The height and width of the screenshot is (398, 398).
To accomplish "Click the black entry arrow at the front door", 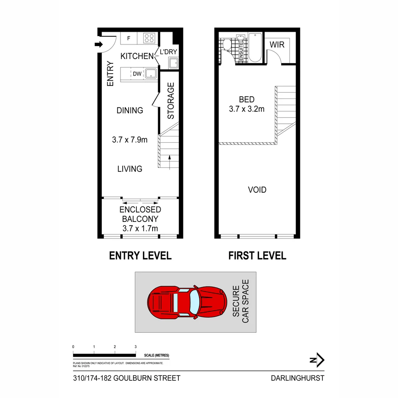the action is click(x=99, y=45).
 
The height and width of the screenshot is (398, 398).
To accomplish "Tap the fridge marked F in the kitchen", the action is click(x=129, y=38).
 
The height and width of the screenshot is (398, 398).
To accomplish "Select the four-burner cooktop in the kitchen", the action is click(x=149, y=38).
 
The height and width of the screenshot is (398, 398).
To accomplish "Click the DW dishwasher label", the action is click(x=137, y=74).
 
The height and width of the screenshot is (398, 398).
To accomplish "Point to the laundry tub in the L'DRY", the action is click(x=174, y=63).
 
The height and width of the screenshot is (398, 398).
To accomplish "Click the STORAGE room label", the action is click(x=171, y=101).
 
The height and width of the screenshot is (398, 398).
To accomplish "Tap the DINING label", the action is click(x=130, y=111).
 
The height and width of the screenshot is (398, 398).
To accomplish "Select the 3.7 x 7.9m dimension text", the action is click(x=130, y=140).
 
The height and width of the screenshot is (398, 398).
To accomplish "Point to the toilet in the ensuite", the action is click(x=227, y=45).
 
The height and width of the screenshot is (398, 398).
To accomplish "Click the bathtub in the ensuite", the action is click(x=255, y=48).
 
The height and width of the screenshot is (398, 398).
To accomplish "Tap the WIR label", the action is click(x=277, y=45).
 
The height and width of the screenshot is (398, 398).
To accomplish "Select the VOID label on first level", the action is click(x=257, y=190).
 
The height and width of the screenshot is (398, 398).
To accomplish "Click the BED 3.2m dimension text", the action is click(x=247, y=109).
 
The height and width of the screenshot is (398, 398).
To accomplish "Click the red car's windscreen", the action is click(x=194, y=302).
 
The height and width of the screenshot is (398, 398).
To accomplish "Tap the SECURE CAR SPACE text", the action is click(x=241, y=301).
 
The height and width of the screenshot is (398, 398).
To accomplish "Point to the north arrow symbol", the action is click(x=317, y=360).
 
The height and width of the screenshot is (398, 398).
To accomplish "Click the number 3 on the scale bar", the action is click(x=136, y=347).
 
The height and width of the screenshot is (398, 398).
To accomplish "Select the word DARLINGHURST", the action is click(x=297, y=378).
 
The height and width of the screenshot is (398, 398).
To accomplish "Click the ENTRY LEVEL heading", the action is click(x=140, y=256).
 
